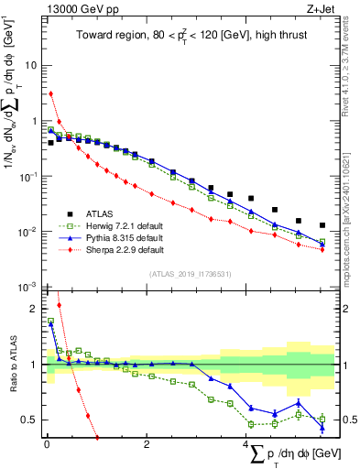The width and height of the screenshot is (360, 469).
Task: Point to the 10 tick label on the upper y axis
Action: (x=30, y=66)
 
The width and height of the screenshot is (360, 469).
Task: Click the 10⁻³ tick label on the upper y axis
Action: (x=27, y=287)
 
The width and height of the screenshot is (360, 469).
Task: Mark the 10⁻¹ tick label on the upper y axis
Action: (x=27, y=177)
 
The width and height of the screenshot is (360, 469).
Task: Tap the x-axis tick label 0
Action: (x=47, y=445)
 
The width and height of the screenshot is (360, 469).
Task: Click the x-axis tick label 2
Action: (x=147, y=445)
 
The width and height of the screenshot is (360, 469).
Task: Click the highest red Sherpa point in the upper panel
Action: (x=51, y=93)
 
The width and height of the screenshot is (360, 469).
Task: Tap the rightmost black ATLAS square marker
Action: (x=322, y=224)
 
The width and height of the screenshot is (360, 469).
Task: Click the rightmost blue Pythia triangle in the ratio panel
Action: (x=322, y=427)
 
